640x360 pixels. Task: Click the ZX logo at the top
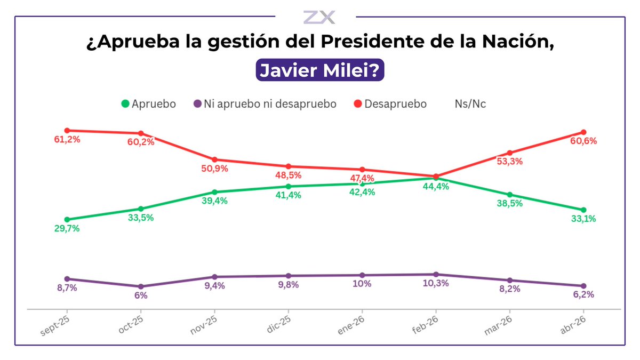(319, 17)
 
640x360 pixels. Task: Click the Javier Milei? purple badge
(319, 70)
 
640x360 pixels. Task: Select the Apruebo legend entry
(149, 103)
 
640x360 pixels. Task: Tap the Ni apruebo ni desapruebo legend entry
(265, 103)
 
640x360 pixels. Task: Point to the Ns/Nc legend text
(470, 103)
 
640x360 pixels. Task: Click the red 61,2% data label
(67, 139)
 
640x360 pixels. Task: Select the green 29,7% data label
(67, 228)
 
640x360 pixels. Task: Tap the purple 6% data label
(141, 295)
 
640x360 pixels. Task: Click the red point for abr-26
(583, 132)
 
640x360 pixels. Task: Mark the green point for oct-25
(141, 209)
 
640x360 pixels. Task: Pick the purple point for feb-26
(436, 275)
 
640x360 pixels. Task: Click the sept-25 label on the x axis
(55, 326)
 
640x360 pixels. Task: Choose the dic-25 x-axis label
(278, 324)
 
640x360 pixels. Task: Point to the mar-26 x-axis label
(498, 325)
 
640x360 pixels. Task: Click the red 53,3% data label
(510, 162)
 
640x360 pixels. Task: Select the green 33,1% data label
(583, 219)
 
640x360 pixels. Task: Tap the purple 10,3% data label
(436, 283)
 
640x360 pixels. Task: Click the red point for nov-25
(214, 159)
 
